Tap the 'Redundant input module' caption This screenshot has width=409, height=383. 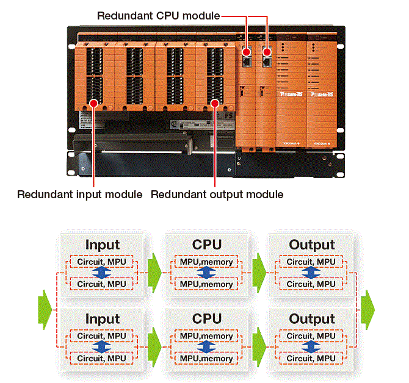(79, 195)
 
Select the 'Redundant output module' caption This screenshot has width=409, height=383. (217, 195)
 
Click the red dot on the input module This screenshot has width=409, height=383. (93, 103)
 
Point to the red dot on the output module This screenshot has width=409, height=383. (214, 103)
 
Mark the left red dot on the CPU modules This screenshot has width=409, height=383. (247, 52)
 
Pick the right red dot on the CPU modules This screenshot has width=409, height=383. (267, 52)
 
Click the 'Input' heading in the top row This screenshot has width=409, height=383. (103, 245)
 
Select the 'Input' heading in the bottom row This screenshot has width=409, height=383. (103, 319)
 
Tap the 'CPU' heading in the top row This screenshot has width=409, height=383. (206, 245)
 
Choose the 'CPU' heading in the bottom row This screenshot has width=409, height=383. (206, 319)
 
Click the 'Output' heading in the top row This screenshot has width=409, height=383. (312, 245)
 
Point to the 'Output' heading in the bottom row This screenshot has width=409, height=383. (312, 319)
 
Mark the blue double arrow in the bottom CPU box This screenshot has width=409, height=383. (206, 348)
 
